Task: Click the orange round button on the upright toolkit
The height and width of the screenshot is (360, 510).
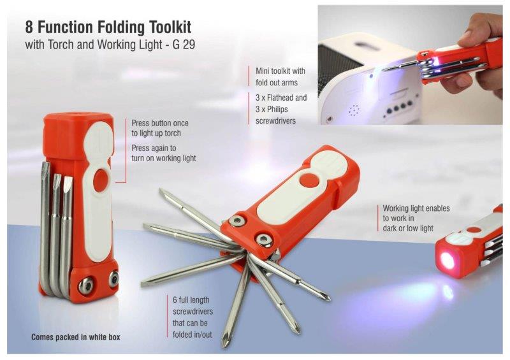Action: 101,180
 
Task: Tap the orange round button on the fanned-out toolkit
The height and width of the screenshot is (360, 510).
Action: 309,180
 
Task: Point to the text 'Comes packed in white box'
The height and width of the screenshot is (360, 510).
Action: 76,337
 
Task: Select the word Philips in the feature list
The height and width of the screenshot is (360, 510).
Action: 276,109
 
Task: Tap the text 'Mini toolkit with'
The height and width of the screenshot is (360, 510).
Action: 280,71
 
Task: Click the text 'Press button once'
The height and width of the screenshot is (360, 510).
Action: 160,123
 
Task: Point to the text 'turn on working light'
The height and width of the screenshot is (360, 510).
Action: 164,159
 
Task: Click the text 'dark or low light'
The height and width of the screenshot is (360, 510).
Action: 408,228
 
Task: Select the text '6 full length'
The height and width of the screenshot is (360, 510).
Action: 191,300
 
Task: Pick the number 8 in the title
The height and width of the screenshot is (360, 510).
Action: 29,27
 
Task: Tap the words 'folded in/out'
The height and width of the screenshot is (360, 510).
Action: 193,335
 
